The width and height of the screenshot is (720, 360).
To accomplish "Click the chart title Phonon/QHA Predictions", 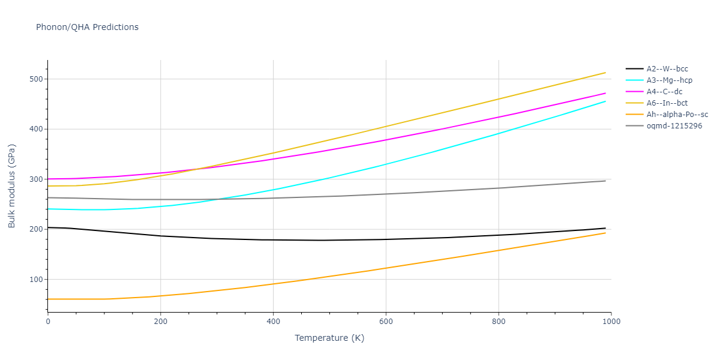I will click(x=87, y=27).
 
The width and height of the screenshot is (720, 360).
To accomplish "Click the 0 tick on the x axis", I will click(x=48, y=321).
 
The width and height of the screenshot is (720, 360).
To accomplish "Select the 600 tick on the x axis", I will click(x=386, y=321).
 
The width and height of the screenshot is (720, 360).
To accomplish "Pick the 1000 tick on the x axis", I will click(x=611, y=321).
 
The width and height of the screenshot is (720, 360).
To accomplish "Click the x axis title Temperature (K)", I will click(x=329, y=338).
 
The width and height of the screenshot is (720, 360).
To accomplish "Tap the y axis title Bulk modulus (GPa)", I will click(x=12, y=186).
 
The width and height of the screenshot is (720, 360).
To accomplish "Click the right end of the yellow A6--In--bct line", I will click(x=605, y=73).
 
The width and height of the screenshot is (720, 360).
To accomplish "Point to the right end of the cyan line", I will click(x=605, y=101).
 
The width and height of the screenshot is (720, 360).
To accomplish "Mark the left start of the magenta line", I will click(x=48, y=179).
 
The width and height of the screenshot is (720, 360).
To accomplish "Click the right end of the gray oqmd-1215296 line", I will click(x=605, y=181).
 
